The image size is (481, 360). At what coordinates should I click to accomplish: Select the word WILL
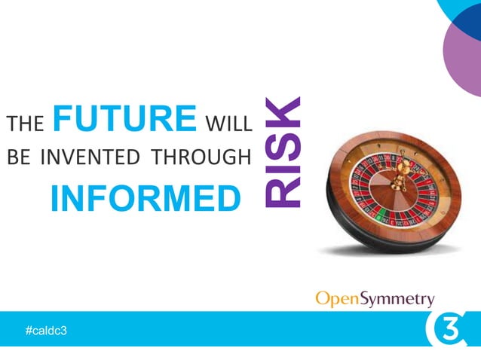point(228,123)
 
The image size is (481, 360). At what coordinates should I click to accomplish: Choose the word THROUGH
point(200,158)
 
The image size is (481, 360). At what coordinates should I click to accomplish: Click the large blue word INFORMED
point(144,197)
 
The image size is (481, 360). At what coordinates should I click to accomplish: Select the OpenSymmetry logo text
point(374,299)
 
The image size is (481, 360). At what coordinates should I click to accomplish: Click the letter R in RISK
point(281,192)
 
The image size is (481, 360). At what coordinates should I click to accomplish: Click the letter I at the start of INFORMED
point(55,197)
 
